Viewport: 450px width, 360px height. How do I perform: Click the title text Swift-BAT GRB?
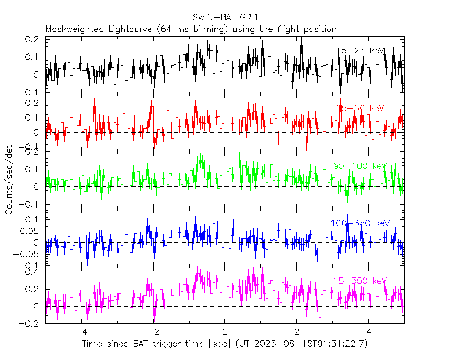[225, 17]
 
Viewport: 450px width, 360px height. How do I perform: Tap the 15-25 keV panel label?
[361, 51]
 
